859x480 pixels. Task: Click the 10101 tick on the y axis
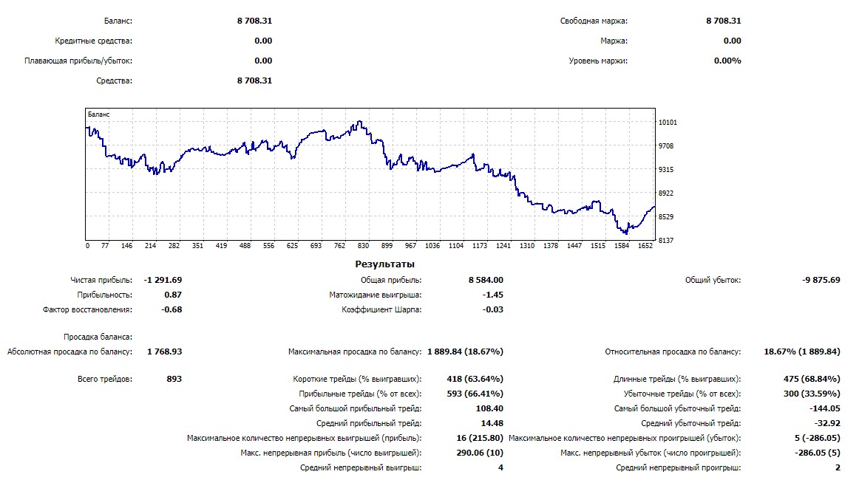(x=668, y=123)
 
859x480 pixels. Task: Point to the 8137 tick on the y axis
(x=666, y=241)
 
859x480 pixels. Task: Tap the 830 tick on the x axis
(x=363, y=246)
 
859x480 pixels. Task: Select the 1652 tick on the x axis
(x=645, y=246)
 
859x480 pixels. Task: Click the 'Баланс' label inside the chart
(x=98, y=114)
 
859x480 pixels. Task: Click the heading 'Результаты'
(x=384, y=264)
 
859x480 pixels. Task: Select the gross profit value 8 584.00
(x=486, y=280)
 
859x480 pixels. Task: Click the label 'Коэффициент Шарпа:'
(x=381, y=309)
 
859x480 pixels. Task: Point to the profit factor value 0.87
(x=172, y=295)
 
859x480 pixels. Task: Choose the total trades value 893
(x=174, y=379)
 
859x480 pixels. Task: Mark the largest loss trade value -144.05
(x=825, y=408)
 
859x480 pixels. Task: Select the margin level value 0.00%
(x=727, y=61)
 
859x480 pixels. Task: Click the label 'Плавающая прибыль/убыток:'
(x=78, y=61)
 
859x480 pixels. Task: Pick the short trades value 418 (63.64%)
(x=475, y=379)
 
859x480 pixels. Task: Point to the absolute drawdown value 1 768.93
(x=164, y=352)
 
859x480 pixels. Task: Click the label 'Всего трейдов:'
(x=105, y=379)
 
